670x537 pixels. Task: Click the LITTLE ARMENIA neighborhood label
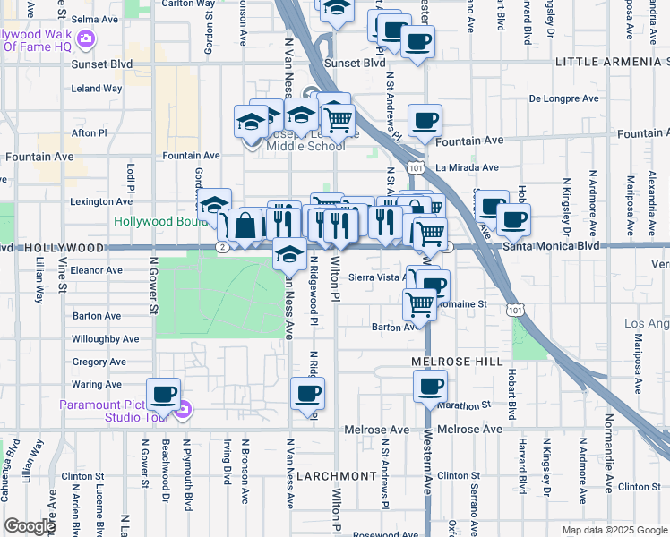coord(612,62)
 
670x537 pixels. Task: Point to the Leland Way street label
coord(96,89)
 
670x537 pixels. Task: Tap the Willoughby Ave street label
coord(105,339)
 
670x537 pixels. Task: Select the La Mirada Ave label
coord(467,167)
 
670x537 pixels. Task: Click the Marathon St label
coord(467,405)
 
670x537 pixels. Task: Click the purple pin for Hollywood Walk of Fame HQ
coord(86,38)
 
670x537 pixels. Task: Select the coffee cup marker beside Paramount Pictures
coord(163,393)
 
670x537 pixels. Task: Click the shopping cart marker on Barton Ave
coord(419,303)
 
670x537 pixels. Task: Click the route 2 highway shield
coord(222,246)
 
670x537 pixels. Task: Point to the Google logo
coord(30,526)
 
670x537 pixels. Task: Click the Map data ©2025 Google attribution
coord(614,530)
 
